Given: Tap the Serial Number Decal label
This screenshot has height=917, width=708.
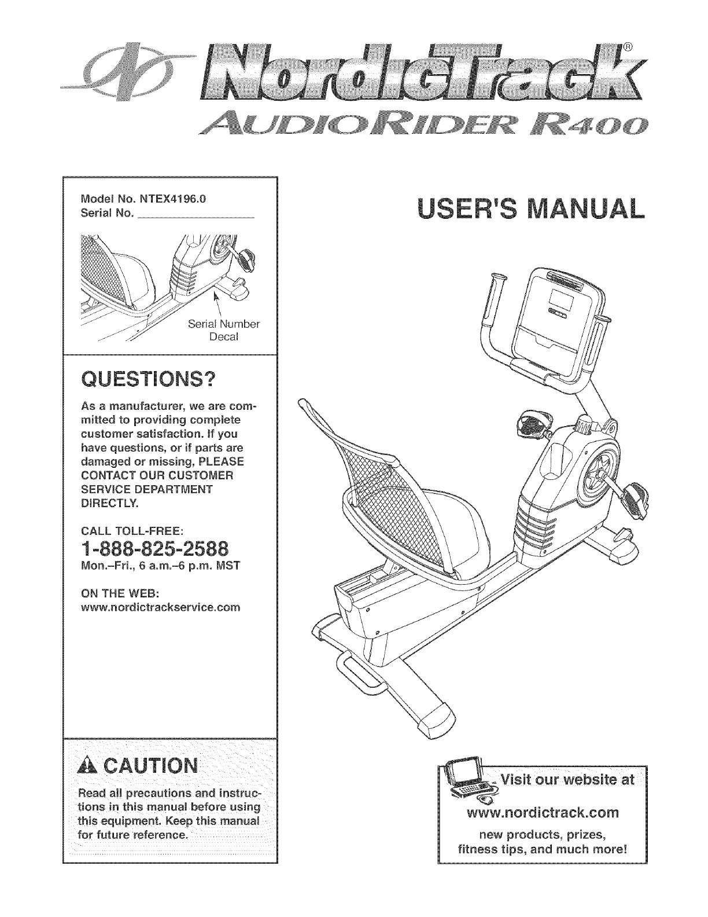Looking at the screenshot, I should coord(224,330).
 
